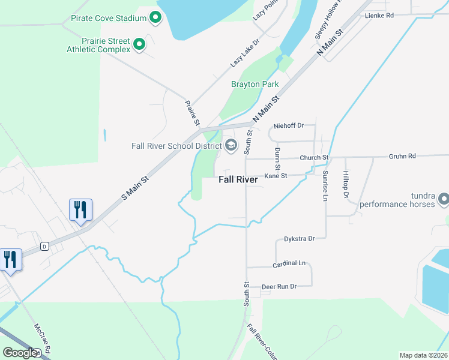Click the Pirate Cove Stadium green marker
(x=155, y=17)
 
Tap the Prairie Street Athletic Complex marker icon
(x=139, y=44)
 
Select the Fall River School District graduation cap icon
(x=231, y=145)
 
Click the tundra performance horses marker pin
(x=444, y=198)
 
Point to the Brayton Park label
(x=255, y=85)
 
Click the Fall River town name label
(x=238, y=179)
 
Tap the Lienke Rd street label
(x=379, y=15)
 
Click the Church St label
(x=315, y=158)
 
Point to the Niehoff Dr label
(x=289, y=126)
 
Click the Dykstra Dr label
(x=299, y=239)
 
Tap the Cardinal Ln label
(x=289, y=263)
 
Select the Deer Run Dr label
(x=279, y=287)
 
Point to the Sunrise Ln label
(x=325, y=185)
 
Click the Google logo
(x=20, y=353)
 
